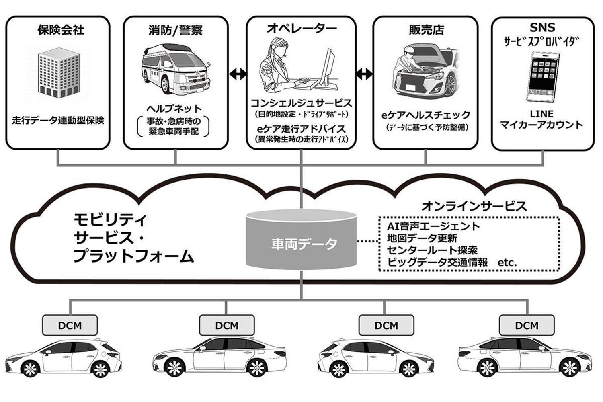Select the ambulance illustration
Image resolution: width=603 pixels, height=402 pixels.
176,72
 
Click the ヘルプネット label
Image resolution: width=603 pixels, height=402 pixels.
174,109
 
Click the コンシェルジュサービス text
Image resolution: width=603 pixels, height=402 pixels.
301,103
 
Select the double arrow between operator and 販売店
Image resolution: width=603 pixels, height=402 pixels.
364,74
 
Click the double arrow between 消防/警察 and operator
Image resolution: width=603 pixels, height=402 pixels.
238,74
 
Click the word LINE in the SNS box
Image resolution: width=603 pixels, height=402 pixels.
541,114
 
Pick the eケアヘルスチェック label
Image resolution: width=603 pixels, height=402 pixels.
426,115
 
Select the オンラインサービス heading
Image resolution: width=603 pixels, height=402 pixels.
474,206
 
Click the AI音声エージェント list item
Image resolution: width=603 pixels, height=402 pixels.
433,226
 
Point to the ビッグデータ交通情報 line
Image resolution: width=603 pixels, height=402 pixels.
437,263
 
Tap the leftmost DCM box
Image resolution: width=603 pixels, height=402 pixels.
70,325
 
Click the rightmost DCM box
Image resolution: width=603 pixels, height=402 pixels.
527,325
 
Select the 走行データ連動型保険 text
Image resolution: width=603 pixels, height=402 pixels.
58,120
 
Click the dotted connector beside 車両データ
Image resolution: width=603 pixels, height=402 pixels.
368,241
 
